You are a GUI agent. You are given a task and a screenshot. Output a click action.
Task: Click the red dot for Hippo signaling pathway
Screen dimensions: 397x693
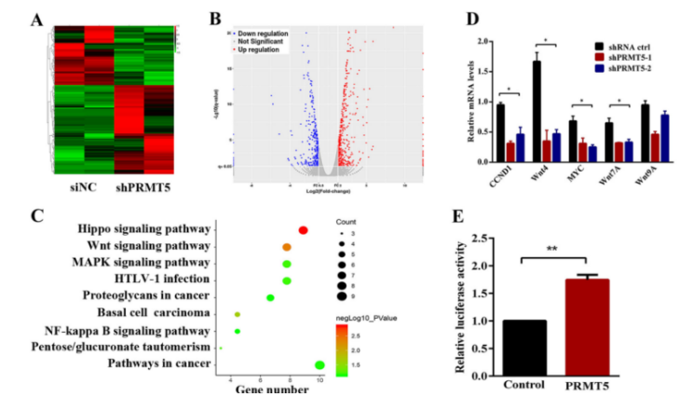pos(303,230)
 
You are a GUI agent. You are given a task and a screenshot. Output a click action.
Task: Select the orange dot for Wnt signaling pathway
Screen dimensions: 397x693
pos(287,247)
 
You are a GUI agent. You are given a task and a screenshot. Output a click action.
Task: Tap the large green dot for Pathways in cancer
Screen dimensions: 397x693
pos(320,365)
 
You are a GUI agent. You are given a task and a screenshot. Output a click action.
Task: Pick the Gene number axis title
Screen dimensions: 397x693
pos(271,390)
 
